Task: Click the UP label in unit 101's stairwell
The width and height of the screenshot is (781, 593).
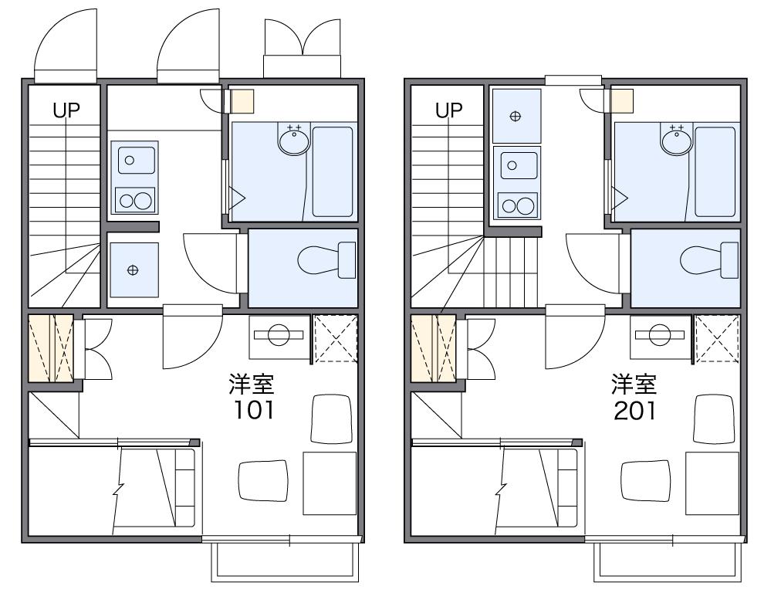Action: pyautogui.click(x=66, y=110)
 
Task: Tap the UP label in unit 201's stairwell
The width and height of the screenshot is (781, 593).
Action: pyautogui.click(x=449, y=110)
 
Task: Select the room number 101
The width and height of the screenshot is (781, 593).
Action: pyautogui.click(x=254, y=410)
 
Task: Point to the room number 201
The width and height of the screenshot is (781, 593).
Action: pyautogui.click(x=635, y=410)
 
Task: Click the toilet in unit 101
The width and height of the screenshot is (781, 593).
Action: pyautogui.click(x=326, y=259)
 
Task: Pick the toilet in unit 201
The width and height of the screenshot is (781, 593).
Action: pyautogui.click(x=709, y=259)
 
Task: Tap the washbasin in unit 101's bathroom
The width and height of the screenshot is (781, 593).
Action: pyautogui.click(x=294, y=140)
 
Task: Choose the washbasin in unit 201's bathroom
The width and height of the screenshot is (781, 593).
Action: pyautogui.click(x=676, y=140)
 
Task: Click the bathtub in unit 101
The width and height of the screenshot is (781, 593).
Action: pyautogui.click(x=333, y=172)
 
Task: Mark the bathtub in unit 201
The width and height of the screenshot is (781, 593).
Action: pyautogui.click(x=715, y=172)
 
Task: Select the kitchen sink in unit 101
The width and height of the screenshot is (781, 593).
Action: pyautogui.click(x=136, y=161)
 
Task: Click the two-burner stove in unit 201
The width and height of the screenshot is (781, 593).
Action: pyautogui.click(x=518, y=205)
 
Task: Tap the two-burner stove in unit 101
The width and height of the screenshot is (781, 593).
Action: pyautogui.click(x=135, y=200)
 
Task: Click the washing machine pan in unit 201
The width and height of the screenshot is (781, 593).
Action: pyautogui.click(x=516, y=116)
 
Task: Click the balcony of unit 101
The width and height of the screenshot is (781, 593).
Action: pyautogui.click(x=285, y=562)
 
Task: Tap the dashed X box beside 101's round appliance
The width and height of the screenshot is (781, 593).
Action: pyautogui.click(x=335, y=337)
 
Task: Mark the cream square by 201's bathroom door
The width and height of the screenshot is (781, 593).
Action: pyautogui.click(x=622, y=100)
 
